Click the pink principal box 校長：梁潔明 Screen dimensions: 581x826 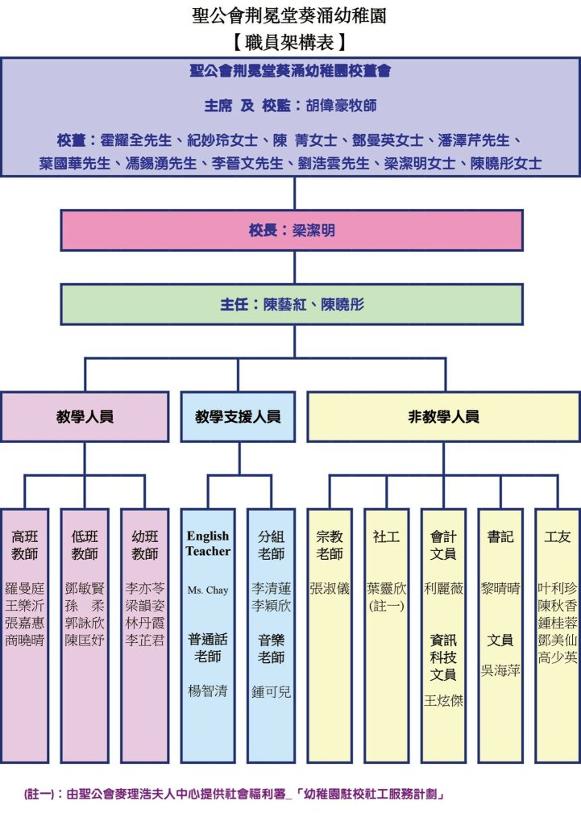click(x=292, y=230)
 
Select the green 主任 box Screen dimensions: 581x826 click(x=292, y=304)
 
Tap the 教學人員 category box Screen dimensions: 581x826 click(x=85, y=417)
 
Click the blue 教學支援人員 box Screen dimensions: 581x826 click(x=238, y=417)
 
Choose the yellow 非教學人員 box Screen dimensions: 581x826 click(x=444, y=417)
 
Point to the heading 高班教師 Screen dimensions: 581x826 click(x=25, y=544)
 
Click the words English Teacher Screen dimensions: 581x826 click(x=208, y=543)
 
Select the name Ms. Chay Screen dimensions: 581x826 click(x=208, y=590)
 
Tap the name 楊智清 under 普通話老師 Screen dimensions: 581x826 click(x=208, y=690)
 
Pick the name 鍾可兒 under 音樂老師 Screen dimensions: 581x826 click(x=272, y=691)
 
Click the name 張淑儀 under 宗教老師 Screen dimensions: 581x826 click(x=330, y=588)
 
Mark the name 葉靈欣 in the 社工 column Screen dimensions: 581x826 click(x=387, y=588)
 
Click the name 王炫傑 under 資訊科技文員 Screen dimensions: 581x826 click(x=444, y=701)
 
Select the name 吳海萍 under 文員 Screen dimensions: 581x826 click(x=500, y=670)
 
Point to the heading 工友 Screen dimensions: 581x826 click(x=558, y=536)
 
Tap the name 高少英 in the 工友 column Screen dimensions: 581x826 click(x=558, y=657)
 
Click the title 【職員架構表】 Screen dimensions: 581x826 click(x=289, y=42)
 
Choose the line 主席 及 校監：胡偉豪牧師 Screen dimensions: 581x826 click(x=290, y=106)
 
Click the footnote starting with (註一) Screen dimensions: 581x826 click(x=234, y=794)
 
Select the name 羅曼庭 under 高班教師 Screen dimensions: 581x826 click(x=25, y=588)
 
